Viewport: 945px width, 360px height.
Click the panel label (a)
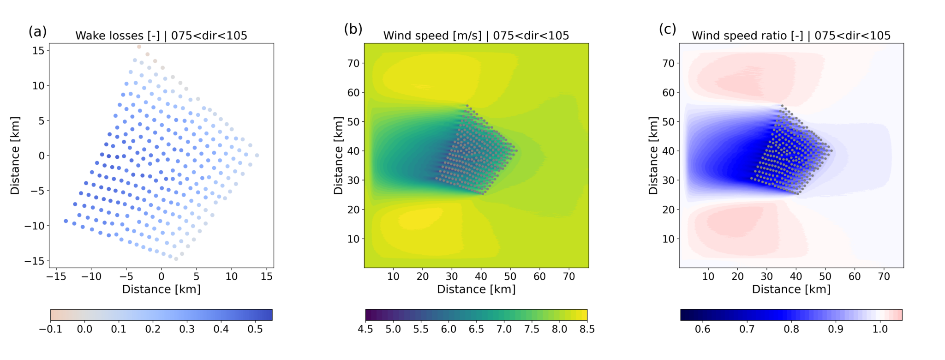(37, 31)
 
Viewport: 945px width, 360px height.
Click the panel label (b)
(353, 29)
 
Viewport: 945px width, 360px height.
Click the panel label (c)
(667, 29)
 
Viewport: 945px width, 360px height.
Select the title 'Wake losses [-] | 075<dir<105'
(161, 36)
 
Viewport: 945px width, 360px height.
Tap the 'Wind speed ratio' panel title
(791, 36)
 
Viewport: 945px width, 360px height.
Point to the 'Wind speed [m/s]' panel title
(476, 36)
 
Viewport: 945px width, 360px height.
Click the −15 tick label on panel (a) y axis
(35, 261)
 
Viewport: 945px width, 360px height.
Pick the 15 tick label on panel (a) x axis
(267, 276)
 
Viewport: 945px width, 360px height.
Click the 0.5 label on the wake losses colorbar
(255, 330)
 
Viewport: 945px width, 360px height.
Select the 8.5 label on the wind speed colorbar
(586, 330)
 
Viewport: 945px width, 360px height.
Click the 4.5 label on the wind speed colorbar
(365, 330)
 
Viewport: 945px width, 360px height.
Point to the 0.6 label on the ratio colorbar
(702, 330)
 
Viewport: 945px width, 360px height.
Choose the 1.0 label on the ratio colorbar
(880, 330)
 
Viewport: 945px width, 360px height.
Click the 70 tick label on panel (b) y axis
(353, 63)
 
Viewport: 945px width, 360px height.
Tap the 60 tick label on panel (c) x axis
(855, 276)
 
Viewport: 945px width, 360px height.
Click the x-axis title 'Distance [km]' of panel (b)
(476, 289)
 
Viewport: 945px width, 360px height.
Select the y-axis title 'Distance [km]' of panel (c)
(653, 156)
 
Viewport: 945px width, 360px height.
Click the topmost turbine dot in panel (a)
(139, 47)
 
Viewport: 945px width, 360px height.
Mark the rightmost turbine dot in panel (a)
(257, 156)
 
